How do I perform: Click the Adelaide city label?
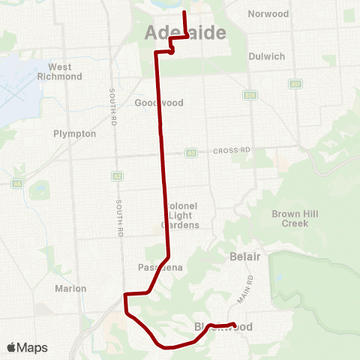click(x=180, y=33)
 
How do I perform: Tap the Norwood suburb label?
click(x=268, y=13)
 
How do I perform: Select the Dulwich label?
click(x=268, y=56)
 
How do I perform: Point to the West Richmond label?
click(x=64, y=71)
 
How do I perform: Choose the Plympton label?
click(x=75, y=133)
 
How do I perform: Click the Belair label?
click(x=244, y=257)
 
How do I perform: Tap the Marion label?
click(x=71, y=288)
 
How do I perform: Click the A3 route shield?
click(x=191, y=152)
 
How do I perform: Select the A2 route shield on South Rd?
click(x=117, y=176)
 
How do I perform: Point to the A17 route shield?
click(x=295, y=84)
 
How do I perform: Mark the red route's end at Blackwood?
click(x=235, y=325)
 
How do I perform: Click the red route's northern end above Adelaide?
click(x=184, y=13)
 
